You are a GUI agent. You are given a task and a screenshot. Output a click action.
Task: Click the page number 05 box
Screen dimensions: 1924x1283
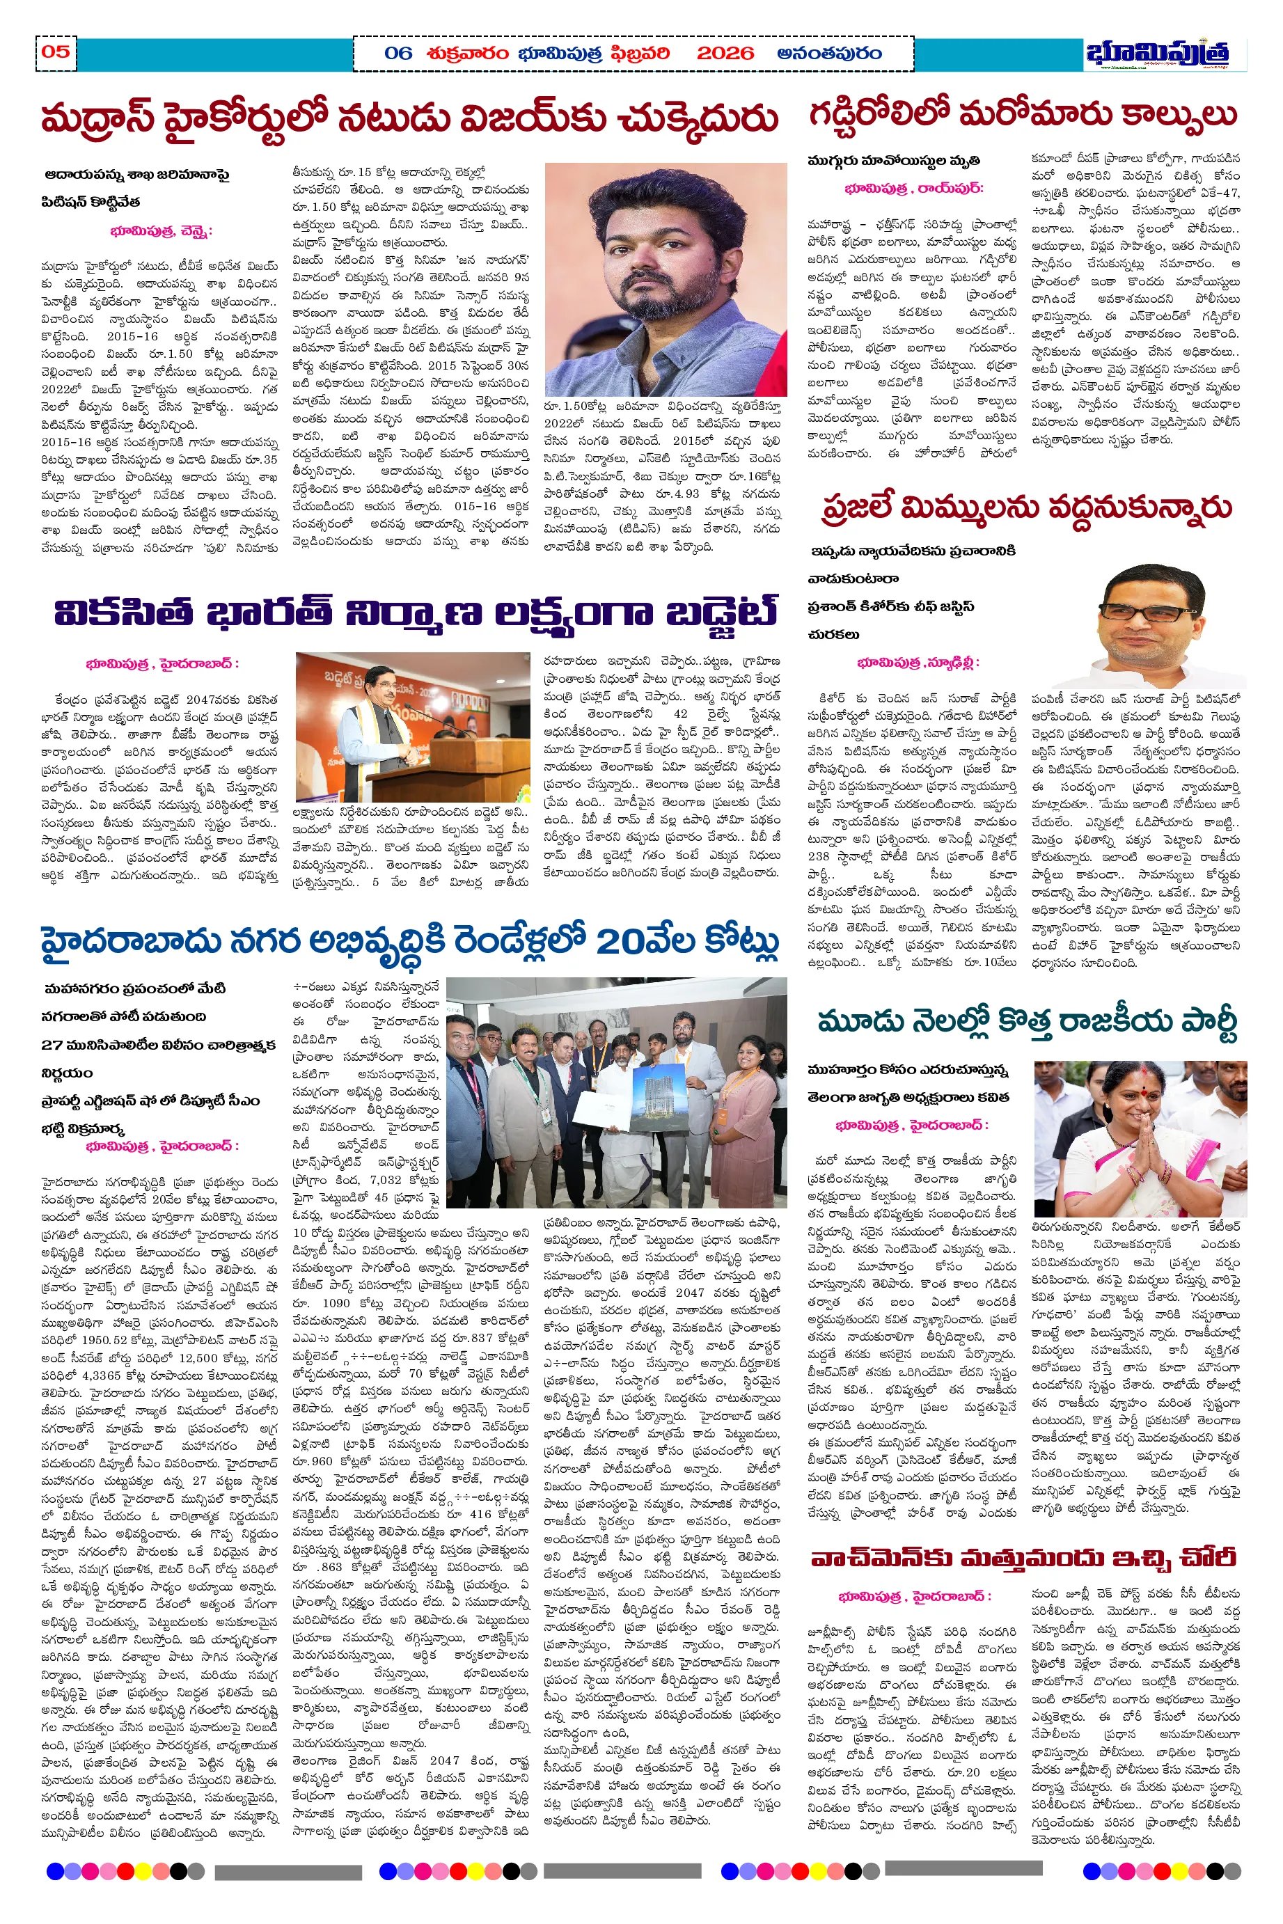tap(56, 52)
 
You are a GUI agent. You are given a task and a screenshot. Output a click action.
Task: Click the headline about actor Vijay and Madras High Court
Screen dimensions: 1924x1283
tap(409, 118)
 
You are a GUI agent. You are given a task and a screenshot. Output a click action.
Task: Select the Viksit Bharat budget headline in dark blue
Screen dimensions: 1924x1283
tap(416, 612)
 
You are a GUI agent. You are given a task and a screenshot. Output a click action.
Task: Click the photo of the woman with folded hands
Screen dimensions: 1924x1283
tap(1140, 1139)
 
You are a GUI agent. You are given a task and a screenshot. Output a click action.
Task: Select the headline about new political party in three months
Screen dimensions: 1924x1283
tap(1027, 1022)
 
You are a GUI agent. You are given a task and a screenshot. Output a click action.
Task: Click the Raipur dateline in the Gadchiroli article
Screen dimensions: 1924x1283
tap(914, 188)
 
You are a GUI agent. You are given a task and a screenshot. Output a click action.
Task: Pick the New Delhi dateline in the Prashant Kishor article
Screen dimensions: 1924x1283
tap(918, 662)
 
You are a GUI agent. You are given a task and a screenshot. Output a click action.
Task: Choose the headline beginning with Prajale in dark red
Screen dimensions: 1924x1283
tap(1026, 508)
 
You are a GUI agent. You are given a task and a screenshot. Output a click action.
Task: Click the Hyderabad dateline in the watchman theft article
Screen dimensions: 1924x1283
tap(915, 1596)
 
